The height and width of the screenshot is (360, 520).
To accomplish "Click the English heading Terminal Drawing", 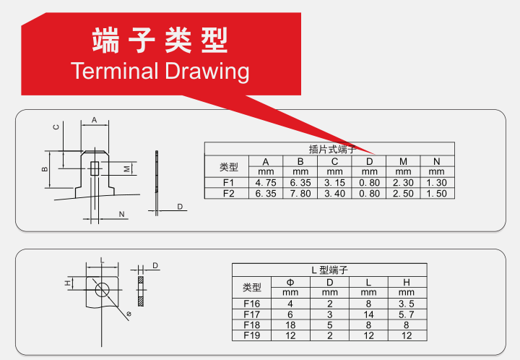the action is pos(160,71).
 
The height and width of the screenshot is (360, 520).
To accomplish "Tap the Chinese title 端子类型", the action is pos(160,40).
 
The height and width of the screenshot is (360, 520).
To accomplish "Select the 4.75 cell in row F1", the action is pos(266,183).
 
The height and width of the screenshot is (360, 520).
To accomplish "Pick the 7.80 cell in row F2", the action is pos(300,194).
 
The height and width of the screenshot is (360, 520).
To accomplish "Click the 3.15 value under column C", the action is pos(334,183).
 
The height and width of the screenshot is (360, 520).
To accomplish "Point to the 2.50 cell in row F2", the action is pos(403,194).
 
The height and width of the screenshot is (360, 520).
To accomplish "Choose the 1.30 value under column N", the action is pos(436,183).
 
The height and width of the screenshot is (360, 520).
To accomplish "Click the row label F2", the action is pos(228,194).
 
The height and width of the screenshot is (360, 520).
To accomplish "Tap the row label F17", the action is pos(252,314).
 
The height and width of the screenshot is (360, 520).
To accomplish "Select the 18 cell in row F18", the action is pos(290,325).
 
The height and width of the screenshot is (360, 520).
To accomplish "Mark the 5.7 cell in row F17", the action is pos(406,314).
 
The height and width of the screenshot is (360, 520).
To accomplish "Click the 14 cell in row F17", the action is pos(368,314).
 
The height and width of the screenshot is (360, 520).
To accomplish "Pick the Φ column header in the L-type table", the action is pos(290,283).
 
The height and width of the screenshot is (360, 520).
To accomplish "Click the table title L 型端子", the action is pos(329,270).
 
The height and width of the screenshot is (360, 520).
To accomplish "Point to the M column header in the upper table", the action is pos(403,162).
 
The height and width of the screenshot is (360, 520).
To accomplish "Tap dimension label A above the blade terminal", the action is pos(94,120).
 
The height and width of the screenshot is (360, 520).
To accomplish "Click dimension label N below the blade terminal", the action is pos(122,215).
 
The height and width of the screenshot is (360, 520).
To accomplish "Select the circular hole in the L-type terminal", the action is pos(102,289).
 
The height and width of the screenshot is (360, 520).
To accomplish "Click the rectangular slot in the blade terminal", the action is pos(95,168).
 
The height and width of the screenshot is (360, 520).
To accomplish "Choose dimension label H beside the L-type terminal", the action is pos(68,283).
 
